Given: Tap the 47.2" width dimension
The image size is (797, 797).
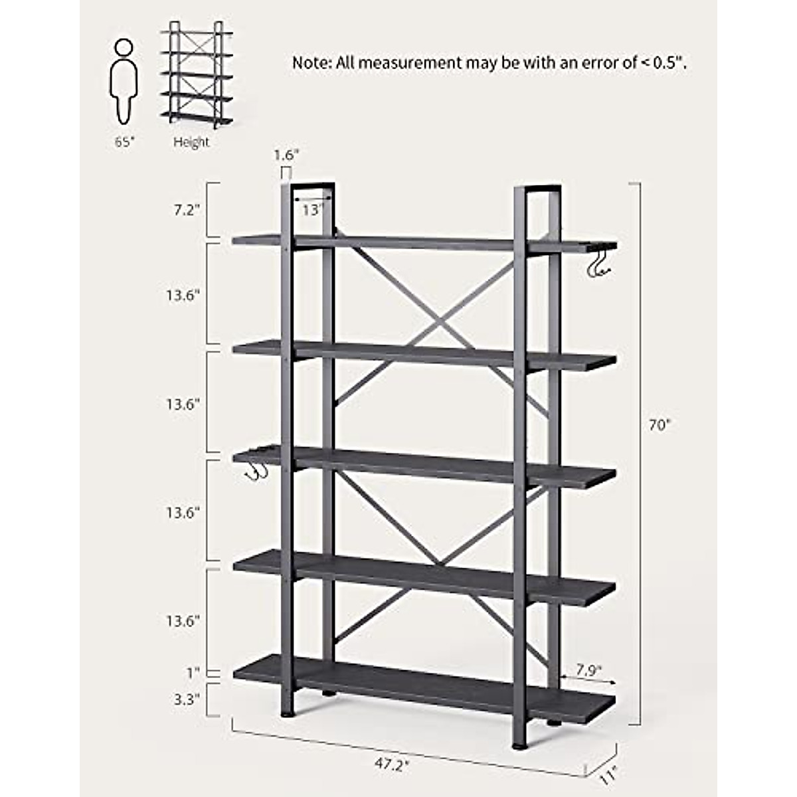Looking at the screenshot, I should tap(391, 764).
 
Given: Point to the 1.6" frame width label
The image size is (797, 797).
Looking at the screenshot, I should tap(286, 155).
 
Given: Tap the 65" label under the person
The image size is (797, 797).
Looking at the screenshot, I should tap(124, 141).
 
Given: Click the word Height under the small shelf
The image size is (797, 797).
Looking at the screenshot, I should tap(191, 141).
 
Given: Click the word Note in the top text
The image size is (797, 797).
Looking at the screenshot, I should tap(310, 63).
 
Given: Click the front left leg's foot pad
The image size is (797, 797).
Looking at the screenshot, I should tap(286, 714).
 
